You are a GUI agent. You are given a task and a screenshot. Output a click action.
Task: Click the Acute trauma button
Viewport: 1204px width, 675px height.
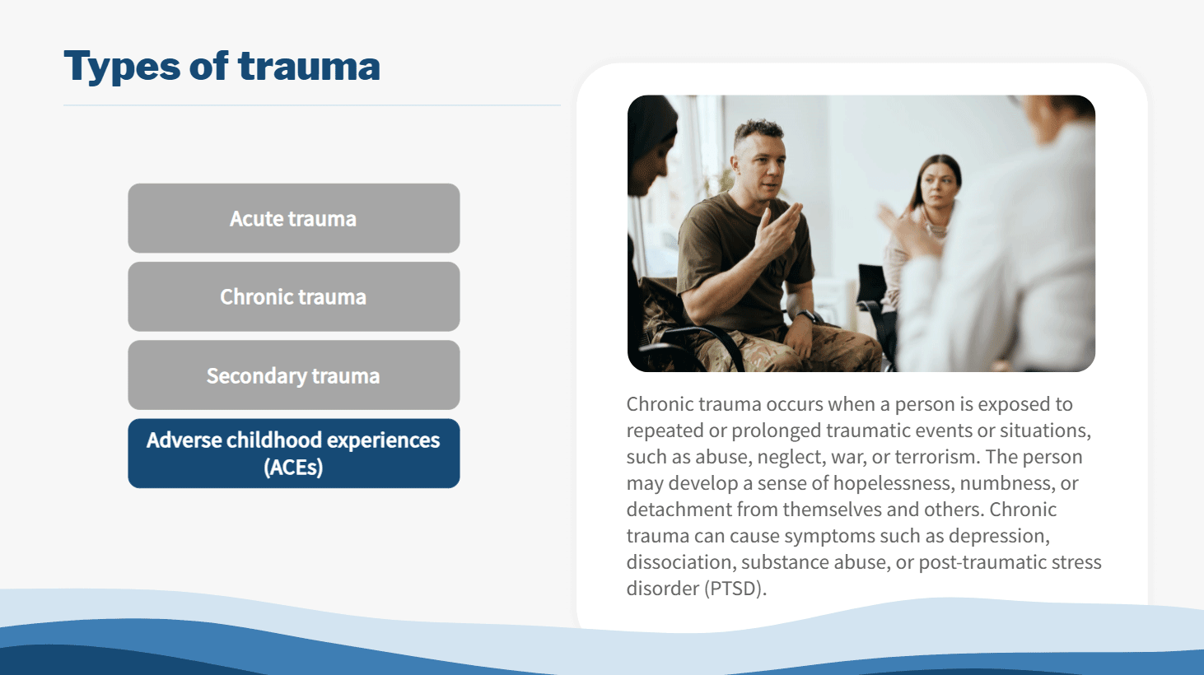point(293,218)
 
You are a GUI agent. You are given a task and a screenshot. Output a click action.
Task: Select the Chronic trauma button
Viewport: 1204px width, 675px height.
point(293,296)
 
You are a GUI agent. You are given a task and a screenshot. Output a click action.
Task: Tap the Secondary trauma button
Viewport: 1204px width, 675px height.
point(293,375)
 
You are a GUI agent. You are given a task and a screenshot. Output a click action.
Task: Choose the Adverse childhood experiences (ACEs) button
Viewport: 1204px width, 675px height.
point(293,454)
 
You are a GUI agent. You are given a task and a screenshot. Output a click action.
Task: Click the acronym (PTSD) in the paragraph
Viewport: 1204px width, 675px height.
point(735,589)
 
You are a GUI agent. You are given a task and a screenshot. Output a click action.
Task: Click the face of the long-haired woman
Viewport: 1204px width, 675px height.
point(938,189)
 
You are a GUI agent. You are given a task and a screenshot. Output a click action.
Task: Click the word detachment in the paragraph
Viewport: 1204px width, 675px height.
point(679,510)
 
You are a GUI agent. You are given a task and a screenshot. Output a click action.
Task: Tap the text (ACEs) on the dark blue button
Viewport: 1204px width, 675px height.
point(293,467)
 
